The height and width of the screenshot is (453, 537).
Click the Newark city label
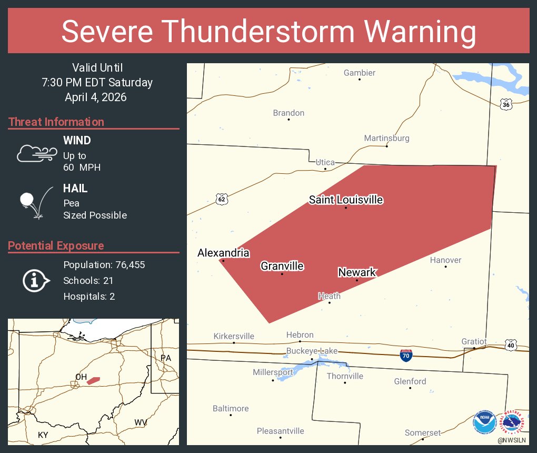(x=357, y=272)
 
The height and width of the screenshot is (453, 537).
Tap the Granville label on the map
(x=282, y=266)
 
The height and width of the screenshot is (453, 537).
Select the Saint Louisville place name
(x=346, y=200)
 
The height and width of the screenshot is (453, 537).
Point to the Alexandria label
(x=223, y=253)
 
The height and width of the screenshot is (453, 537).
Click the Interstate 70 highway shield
(x=405, y=355)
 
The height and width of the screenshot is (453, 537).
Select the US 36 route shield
(x=506, y=104)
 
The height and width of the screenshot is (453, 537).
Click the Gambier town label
(x=360, y=73)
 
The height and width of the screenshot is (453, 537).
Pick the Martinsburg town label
(x=386, y=138)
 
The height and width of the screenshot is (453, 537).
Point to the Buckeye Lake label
(x=312, y=351)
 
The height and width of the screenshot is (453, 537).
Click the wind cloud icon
(x=37, y=153)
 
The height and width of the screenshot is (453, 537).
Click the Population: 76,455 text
(x=104, y=264)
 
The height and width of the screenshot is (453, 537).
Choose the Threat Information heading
(x=56, y=122)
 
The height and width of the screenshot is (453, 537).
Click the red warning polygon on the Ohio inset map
(x=93, y=380)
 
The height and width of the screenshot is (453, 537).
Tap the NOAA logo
(x=484, y=423)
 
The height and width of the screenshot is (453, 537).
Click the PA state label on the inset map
(x=166, y=358)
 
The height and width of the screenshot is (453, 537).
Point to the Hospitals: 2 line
(x=89, y=296)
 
